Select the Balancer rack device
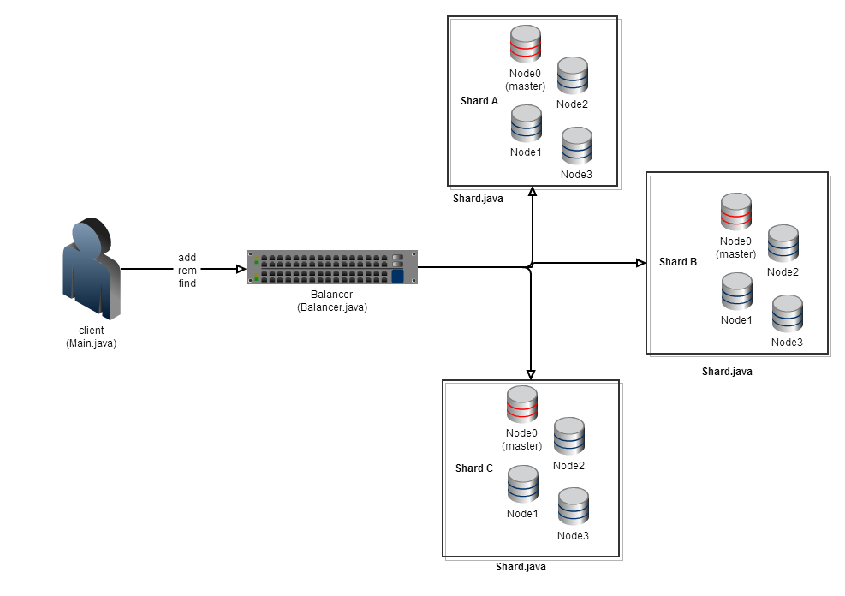[331, 267]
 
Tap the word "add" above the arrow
[187, 257]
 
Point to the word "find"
[187, 283]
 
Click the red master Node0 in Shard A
[526, 43]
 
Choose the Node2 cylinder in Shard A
[572, 75]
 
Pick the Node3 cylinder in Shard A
[576, 146]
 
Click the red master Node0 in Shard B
[736, 211]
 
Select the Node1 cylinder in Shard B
[736, 291]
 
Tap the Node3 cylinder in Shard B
[787, 313]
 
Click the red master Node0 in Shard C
[522, 404]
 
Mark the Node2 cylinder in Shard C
[568, 436]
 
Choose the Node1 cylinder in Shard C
[522, 484]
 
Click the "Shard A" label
[479, 101]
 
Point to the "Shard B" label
[677, 262]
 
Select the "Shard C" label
[474, 468]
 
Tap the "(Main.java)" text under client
[92, 343]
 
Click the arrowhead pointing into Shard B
[640, 264]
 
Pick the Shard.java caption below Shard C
[521, 567]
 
